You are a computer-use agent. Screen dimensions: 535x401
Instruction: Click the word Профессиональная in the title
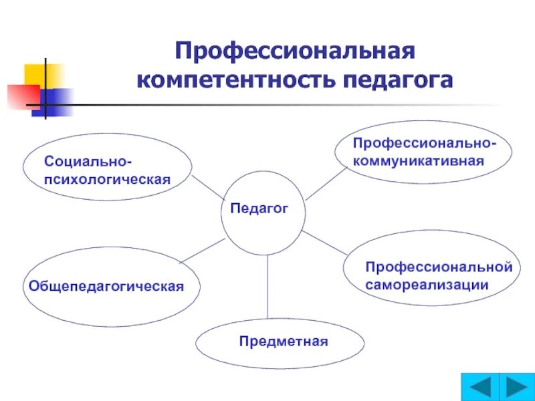(295, 51)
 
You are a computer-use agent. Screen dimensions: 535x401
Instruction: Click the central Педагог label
(259, 209)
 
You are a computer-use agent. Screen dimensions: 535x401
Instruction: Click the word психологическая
(107, 179)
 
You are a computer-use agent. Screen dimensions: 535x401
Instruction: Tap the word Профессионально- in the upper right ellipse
(424, 144)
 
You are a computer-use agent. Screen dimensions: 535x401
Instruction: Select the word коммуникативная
(418, 161)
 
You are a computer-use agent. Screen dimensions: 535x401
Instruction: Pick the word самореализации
(427, 285)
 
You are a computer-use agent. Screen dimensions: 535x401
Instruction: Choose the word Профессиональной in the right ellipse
(439, 267)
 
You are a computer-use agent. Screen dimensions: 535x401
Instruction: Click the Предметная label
(284, 342)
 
